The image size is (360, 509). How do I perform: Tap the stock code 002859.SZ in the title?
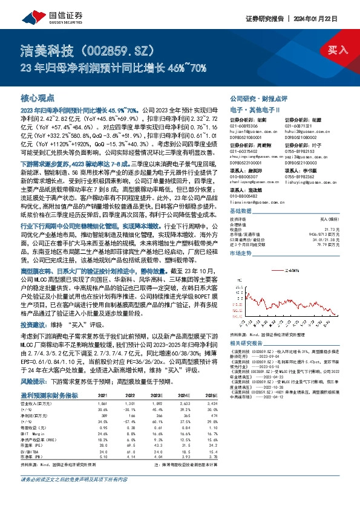(x=117, y=48)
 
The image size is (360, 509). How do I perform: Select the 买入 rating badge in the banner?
(x=337, y=49)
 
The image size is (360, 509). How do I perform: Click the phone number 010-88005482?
(x=243, y=196)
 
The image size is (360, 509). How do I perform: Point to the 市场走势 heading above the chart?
(x=240, y=254)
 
